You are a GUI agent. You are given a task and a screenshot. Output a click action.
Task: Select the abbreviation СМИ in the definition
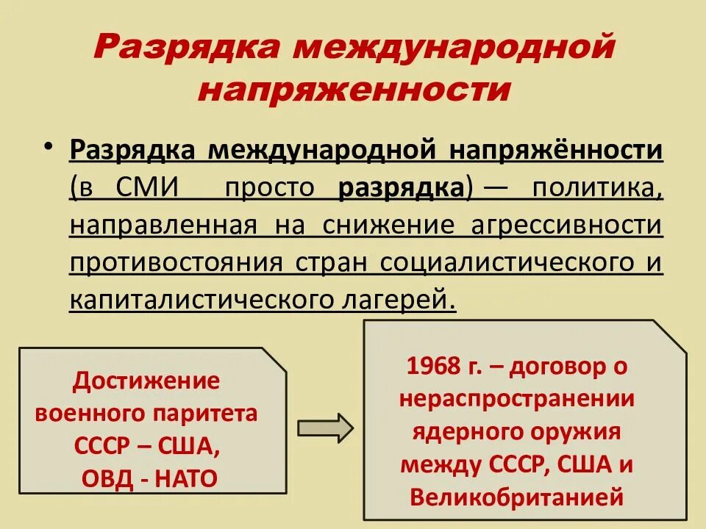[x=148, y=187]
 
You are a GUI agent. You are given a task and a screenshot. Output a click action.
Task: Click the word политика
[x=597, y=187]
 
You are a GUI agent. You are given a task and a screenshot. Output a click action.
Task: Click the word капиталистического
[x=193, y=300]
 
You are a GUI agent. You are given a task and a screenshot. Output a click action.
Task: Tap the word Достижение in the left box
[x=147, y=380]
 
